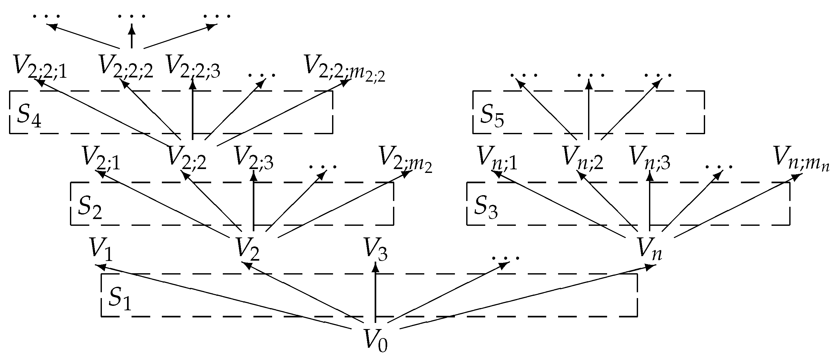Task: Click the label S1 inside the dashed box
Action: (119, 297)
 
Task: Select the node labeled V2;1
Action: (101, 158)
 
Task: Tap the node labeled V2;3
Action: (254, 158)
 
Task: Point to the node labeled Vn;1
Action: (497, 158)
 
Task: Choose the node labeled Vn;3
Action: (650, 158)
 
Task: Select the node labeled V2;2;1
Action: (40, 67)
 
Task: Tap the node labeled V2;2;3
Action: (193, 67)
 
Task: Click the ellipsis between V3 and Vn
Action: (506, 258)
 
